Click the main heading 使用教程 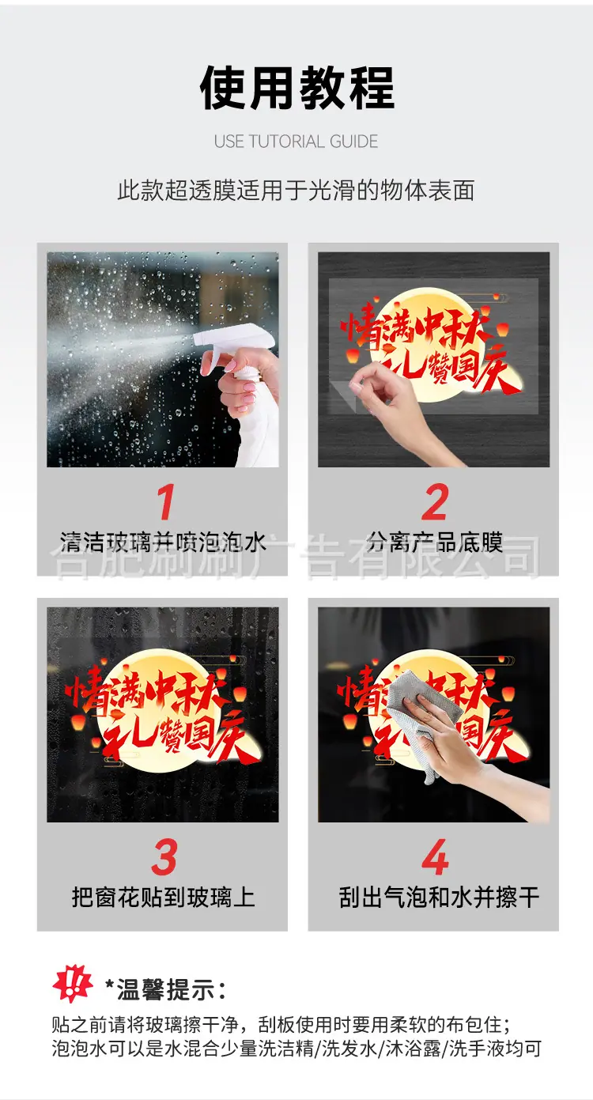coord(297,88)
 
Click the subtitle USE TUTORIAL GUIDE coord(296,142)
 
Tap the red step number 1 coord(166,501)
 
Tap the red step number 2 coord(435,501)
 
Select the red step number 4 coord(435,857)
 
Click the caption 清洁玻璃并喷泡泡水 coord(163,542)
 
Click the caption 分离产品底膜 coord(434,542)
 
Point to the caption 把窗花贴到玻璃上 coord(164,898)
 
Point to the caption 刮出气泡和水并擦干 coord(439,898)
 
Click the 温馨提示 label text coord(165,989)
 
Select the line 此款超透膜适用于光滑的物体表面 coord(296,190)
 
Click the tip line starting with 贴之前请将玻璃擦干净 coord(282,1025)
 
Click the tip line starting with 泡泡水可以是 coord(296,1049)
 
